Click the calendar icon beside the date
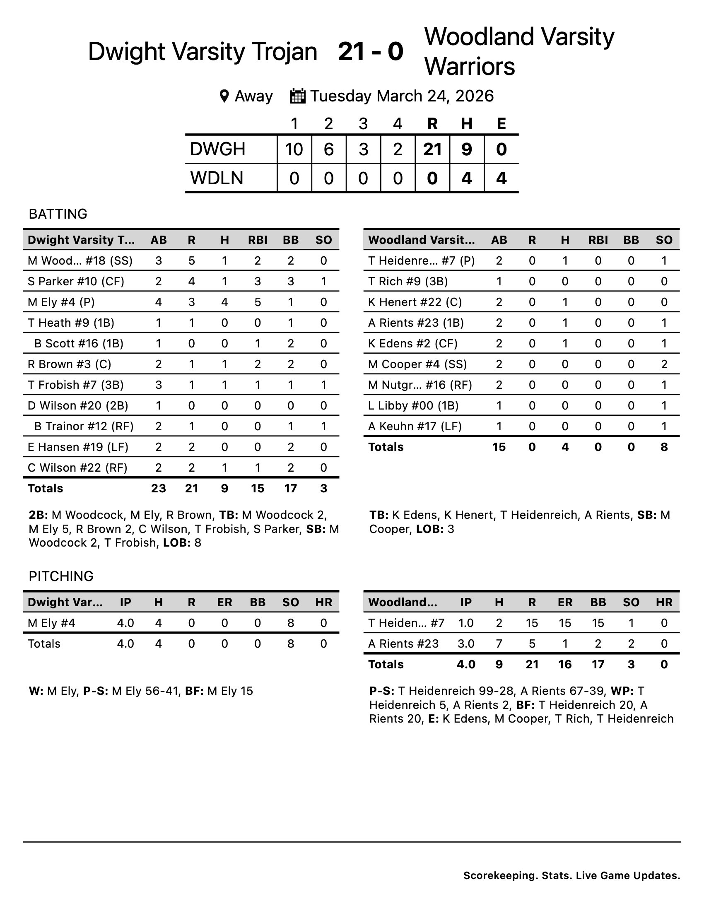coord(298,96)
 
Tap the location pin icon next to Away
coord(224,96)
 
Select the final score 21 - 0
coord(370,52)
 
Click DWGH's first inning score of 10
coord(294,149)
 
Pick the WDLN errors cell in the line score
coord(501,178)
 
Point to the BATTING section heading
coord(58,214)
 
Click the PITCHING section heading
coord(61,576)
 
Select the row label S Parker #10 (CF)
coord(76,282)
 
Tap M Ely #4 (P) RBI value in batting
coord(257,302)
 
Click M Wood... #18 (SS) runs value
coord(191,261)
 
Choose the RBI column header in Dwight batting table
coord(257,240)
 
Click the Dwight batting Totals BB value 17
coord(290,489)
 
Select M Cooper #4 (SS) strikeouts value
coord(664,364)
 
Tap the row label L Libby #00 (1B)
coord(413,405)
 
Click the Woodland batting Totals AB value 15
coord(499,447)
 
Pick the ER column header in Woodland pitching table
coord(565,603)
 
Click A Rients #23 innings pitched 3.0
coord(466,643)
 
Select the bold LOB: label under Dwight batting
coord(177,543)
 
